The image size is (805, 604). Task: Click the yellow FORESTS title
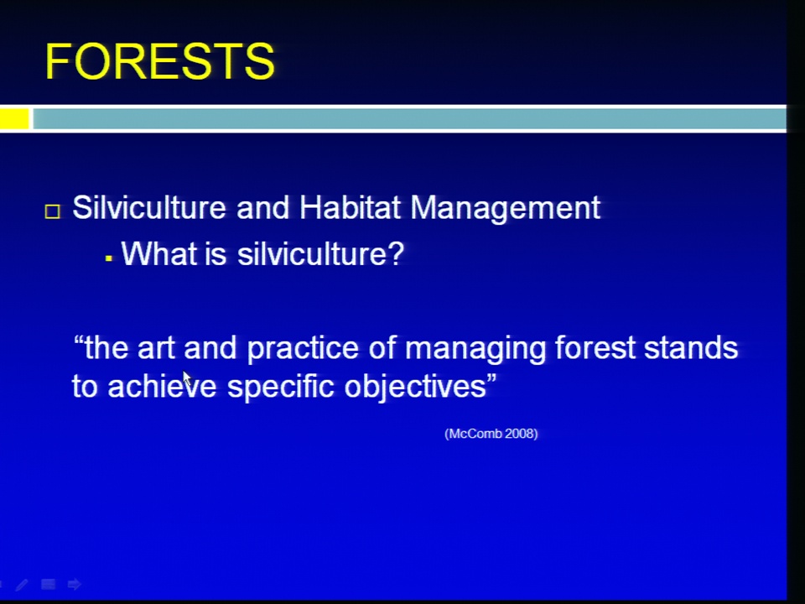tap(160, 61)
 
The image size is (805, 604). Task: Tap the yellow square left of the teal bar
tap(14, 118)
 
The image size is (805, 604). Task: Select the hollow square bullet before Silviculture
tap(52, 211)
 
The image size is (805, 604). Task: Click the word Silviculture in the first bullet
tap(149, 208)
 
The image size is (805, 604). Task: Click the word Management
tap(505, 209)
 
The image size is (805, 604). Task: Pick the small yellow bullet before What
tap(108, 258)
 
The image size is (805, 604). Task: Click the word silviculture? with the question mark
tap(321, 253)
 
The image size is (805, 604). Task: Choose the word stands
tap(691, 347)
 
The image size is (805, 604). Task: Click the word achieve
tap(162, 386)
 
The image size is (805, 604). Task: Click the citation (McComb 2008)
tap(491, 434)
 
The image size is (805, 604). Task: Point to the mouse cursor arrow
tap(187, 379)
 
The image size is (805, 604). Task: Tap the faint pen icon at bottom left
tap(22, 585)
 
